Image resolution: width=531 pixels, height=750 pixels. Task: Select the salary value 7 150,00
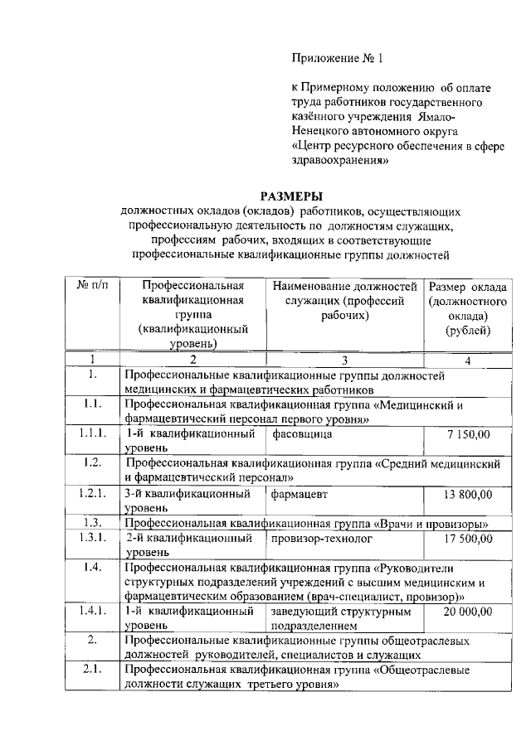tap(468, 433)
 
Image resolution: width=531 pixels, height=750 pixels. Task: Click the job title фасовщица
tap(300, 433)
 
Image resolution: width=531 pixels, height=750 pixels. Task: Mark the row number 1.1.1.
tap(92, 433)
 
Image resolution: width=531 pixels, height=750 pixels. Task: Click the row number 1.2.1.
tap(92, 494)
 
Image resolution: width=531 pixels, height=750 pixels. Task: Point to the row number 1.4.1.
tap(92, 612)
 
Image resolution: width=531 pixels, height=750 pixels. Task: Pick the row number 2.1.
tap(92, 670)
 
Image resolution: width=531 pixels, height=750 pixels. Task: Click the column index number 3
tap(344, 360)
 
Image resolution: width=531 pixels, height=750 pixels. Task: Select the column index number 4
tap(468, 360)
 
